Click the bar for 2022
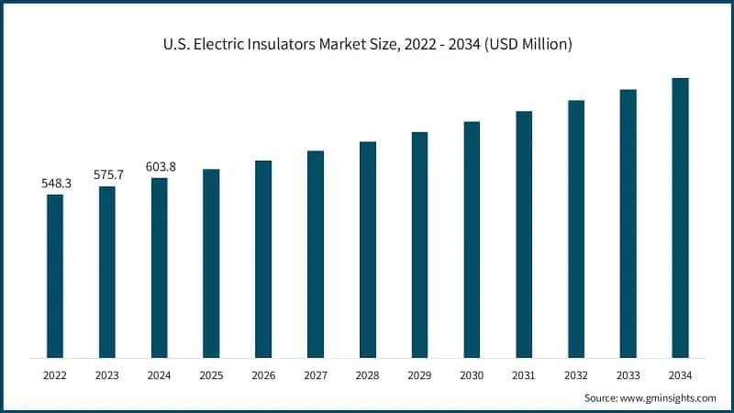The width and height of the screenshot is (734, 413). click(55, 275)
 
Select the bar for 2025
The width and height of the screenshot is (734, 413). click(211, 263)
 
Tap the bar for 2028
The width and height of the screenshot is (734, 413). click(368, 250)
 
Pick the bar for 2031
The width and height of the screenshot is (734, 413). click(524, 234)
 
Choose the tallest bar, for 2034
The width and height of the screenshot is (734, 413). click(680, 218)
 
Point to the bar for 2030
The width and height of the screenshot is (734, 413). click(472, 239)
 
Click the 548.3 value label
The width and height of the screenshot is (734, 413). click(56, 184)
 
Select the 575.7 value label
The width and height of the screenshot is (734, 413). click(107, 174)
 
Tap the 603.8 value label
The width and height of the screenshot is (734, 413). click(161, 166)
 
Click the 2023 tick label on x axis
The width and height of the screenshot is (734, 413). click(107, 374)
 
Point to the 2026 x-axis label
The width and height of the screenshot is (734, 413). click(263, 374)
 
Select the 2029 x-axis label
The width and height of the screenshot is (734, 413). click(419, 374)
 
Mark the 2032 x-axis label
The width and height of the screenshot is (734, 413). click(575, 374)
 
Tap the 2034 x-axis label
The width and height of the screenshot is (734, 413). click(680, 374)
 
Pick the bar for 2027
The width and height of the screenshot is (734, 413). click(316, 254)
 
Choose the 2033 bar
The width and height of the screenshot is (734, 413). click(628, 223)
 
